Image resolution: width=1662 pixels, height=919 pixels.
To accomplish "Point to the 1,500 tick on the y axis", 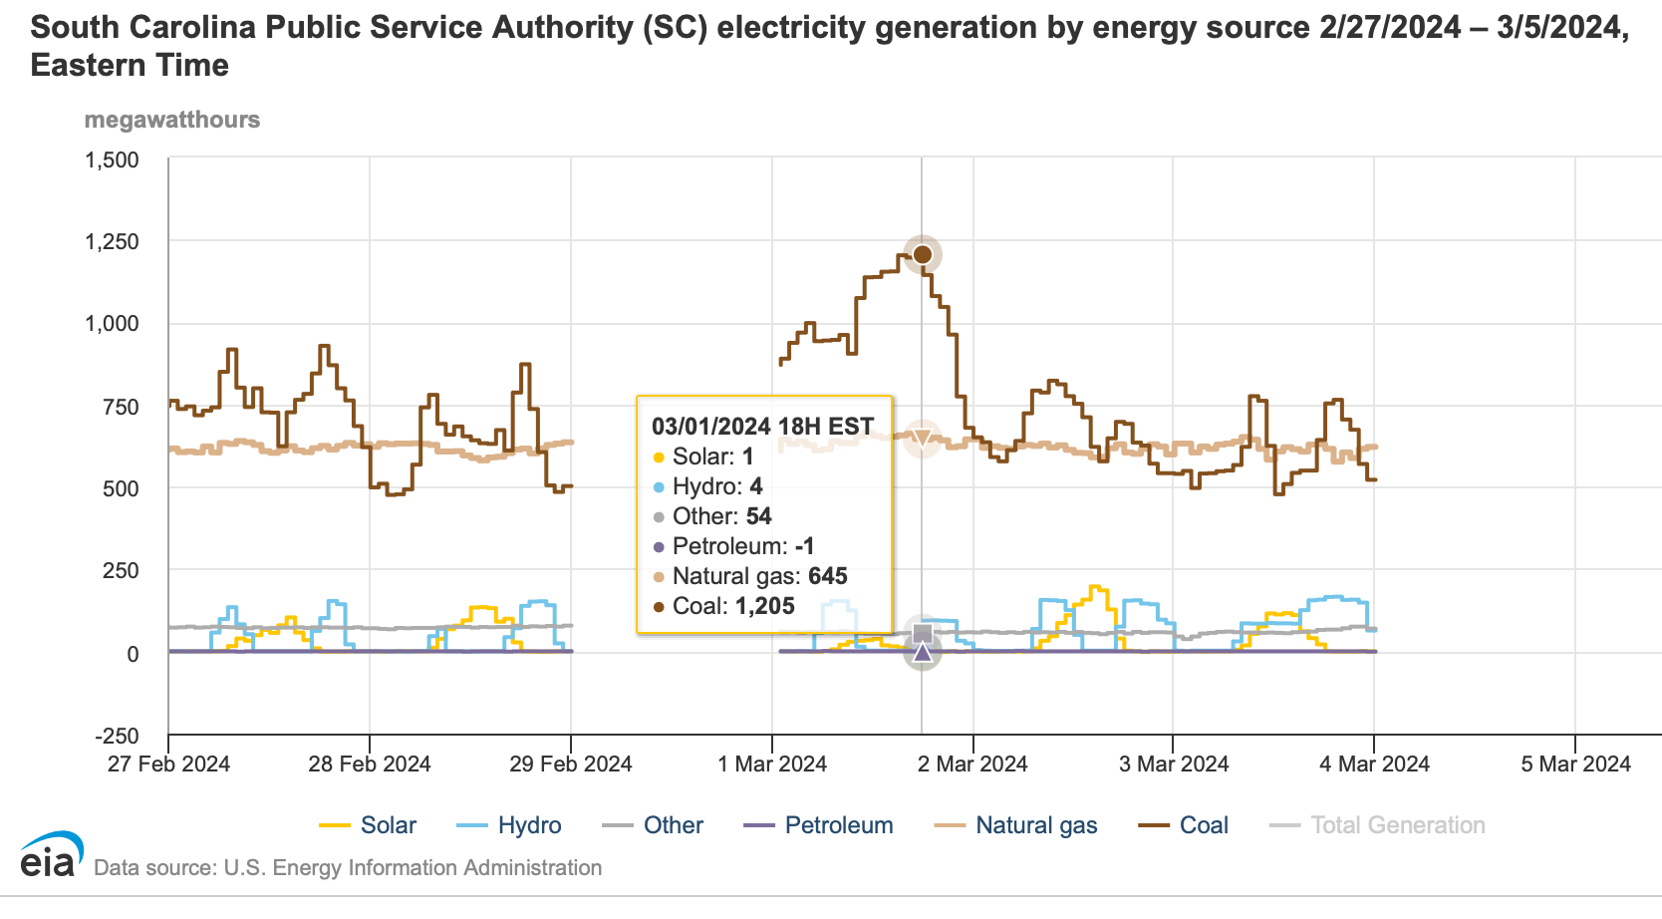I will (112, 159).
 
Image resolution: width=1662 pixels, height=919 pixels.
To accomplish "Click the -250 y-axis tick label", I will (117, 736).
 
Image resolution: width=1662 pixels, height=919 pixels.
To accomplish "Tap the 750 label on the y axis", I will (121, 407).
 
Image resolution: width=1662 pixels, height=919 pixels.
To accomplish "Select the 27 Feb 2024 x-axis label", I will (168, 765).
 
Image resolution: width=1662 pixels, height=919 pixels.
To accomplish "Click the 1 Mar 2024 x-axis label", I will (772, 765).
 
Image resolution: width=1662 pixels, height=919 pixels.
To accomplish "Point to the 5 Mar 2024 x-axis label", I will (1575, 765).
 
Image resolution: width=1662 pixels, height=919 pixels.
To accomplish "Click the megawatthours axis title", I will (172, 120).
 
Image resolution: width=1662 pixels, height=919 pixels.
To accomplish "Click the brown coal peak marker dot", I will (923, 254).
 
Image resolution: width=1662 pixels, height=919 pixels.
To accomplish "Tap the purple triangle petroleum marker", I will (923, 652).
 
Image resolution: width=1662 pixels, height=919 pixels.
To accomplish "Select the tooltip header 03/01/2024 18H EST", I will (762, 427).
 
